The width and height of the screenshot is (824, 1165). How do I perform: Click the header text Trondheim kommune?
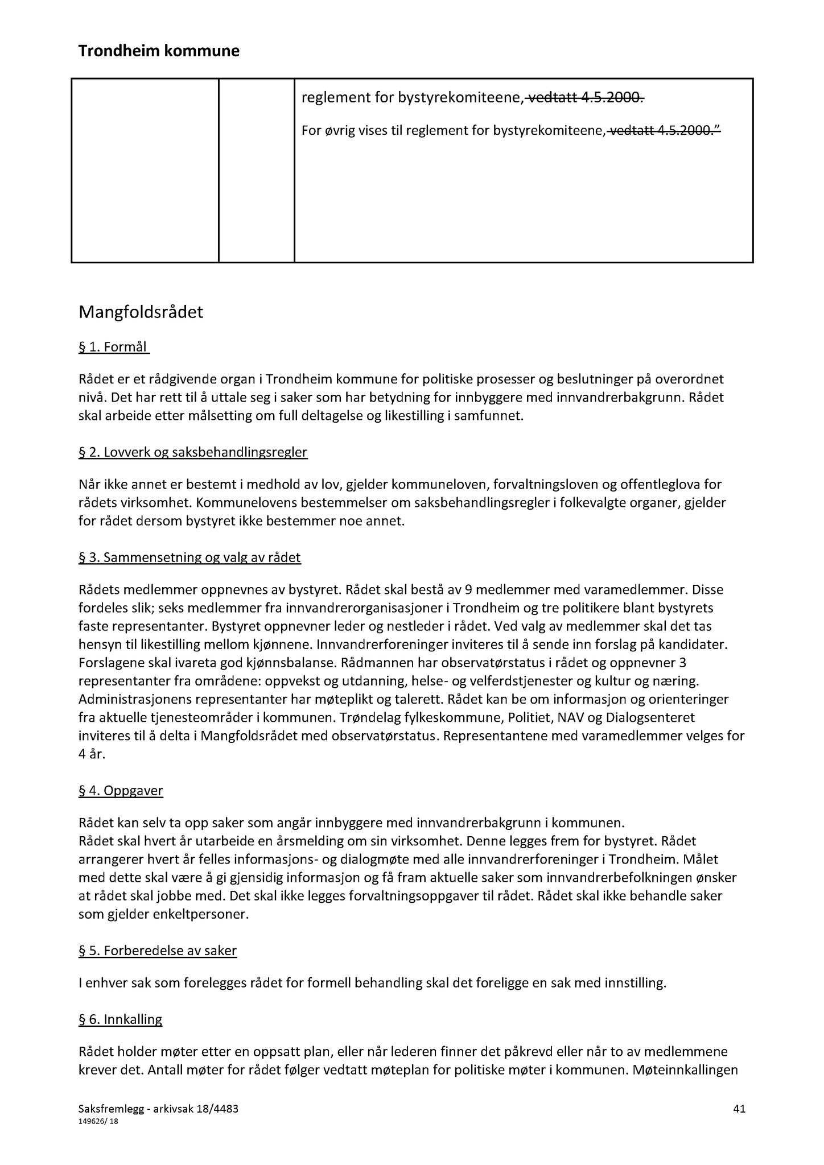point(159,51)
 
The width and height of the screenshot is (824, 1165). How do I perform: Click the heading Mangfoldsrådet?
point(141,312)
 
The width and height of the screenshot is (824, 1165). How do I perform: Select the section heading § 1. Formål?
point(113,347)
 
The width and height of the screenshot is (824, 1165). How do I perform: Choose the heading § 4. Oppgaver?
point(121,791)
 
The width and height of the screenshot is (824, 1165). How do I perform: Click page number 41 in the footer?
point(739,1109)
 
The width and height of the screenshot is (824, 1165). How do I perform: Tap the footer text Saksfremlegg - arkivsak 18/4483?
point(158,1109)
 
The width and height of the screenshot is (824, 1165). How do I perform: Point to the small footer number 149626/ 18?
point(98,1122)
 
